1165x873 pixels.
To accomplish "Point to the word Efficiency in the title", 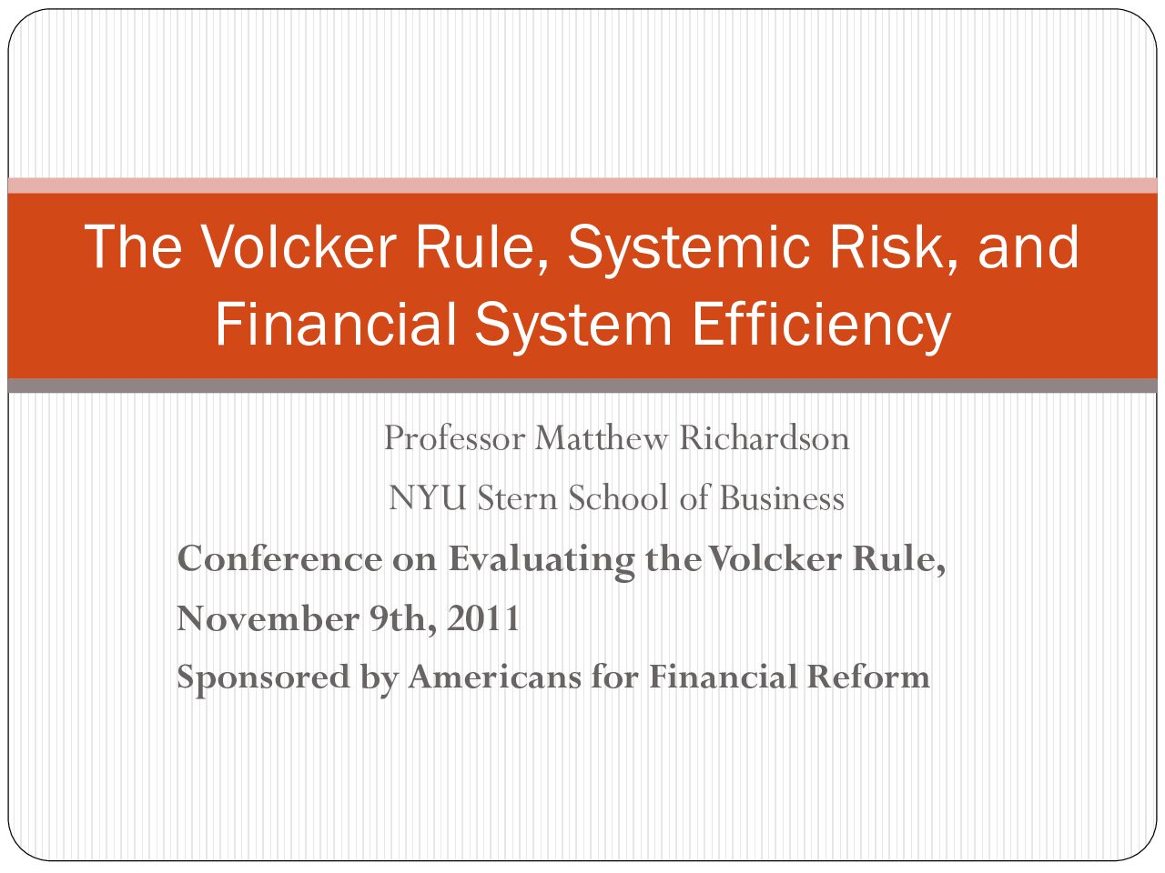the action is coord(821,325).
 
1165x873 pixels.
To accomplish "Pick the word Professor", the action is coord(454,439).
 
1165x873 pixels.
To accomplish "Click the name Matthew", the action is coord(601,438).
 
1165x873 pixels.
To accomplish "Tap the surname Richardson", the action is coord(765,438).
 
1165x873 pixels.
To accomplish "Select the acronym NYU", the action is coord(428,498).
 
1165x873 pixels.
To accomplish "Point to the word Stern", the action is coord(516,498).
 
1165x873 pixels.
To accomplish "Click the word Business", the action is coord(781,498).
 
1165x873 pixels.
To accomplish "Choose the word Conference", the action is coord(279,558).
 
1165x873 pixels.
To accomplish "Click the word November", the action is coord(268,618).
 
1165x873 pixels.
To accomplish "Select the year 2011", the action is coord(483,618).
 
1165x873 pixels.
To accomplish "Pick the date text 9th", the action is coord(403,618).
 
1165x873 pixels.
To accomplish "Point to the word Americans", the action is coord(494,677).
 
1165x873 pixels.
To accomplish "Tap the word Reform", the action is coord(868,677).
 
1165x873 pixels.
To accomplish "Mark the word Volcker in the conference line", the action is coord(775,558).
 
